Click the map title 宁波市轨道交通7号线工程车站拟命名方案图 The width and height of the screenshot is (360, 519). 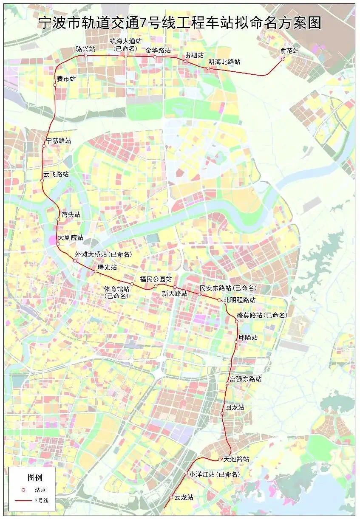[180, 22]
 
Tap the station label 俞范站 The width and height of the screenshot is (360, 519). [289, 51]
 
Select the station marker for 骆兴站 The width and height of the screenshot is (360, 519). [85, 56]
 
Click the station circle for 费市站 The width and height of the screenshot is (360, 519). [55, 85]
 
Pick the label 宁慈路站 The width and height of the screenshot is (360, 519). [58, 141]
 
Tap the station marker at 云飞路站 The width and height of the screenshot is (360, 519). [42, 181]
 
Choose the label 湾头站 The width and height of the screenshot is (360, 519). [71, 214]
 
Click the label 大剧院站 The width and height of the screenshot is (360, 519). [71, 237]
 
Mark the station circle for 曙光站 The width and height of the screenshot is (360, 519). [95, 271]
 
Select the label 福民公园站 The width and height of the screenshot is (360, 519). [156, 279]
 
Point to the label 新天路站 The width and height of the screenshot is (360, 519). [175, 293]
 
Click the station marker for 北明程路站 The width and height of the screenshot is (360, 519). [219, 300]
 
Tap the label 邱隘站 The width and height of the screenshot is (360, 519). [248, 338]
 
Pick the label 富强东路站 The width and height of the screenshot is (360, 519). [246, 378]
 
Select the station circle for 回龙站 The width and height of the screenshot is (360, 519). [222, 413]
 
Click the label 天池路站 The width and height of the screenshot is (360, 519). [236, 459]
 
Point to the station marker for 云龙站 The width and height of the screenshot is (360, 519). [171, 497]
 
